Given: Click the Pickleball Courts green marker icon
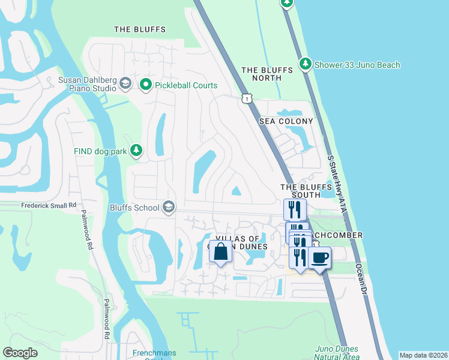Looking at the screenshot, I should (145, 85).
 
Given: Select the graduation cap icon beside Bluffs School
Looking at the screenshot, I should (169, 208).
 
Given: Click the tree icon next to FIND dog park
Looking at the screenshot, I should (137, 151).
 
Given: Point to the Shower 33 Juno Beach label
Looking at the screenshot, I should (359, 65).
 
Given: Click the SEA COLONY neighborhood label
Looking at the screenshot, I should (286, 121).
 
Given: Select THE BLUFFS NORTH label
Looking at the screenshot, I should (267, 74).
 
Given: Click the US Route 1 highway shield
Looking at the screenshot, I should (246, 98).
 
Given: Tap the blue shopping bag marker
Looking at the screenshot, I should (220, 251).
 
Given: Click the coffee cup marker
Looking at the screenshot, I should (319, 257).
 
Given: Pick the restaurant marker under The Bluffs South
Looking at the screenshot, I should (295, 209).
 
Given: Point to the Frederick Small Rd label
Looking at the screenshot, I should (49, 205).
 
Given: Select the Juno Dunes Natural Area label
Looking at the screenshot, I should (337, 353).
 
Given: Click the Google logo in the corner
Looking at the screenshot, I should (20, 353).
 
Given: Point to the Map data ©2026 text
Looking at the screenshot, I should (423, 355).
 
